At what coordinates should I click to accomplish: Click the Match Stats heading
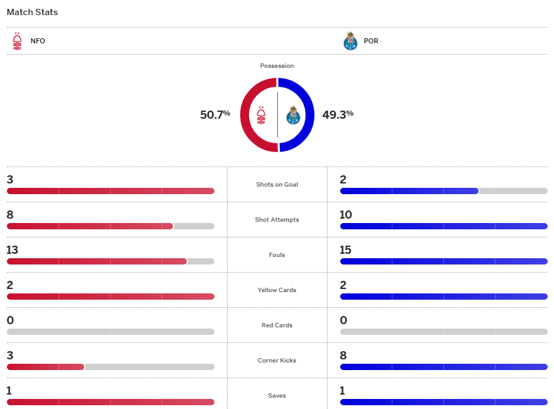coord(32,12)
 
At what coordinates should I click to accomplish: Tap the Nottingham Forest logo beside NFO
coord(17,41)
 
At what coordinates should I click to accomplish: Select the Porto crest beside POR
coord(350,41)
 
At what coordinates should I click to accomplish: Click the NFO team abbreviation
coord(38,41)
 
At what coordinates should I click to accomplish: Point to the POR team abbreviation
coord(371,41)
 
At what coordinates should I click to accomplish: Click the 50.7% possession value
coord(215,115)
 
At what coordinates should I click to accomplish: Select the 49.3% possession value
coord(338,115)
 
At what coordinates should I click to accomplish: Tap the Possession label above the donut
coord(277,66)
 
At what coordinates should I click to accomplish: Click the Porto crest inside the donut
coord(293,115)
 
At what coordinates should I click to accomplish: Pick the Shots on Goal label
coord(277,185)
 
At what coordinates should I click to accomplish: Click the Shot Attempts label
coord(277,220)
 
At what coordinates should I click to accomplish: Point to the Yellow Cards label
coord(277,290)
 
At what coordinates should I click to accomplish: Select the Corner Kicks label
coord(277,361)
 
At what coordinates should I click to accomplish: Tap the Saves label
coord(277,396)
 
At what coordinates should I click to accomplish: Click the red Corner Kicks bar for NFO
coord(45,367)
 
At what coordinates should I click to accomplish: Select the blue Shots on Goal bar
coord(409,191)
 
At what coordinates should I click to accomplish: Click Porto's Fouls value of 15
coord(345,250)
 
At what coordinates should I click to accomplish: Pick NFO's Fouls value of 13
coord(13,250)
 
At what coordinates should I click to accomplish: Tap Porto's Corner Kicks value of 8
coord(343,356)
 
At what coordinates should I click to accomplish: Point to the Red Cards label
coord(277,325)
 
